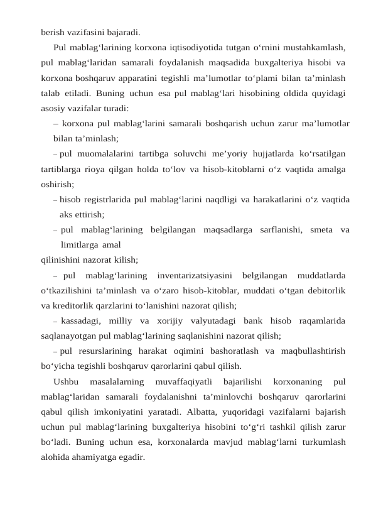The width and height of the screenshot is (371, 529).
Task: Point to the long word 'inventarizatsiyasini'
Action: click(195, 275)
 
